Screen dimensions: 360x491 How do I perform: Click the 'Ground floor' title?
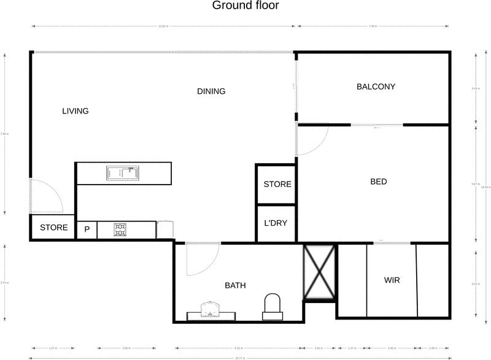pyautogui.click(x=245, y=6)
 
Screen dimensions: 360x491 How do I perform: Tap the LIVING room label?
pyautogui.click(x=75, y=111)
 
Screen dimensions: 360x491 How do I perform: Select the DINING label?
pyautogui.click(x=211, y=91)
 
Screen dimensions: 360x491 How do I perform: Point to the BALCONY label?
pyautogui.click(x=376, y=86)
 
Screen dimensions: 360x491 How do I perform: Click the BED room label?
pyautogui.click(x=379, y=182)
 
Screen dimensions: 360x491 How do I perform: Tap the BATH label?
pyautogui.click(x=235, y=285)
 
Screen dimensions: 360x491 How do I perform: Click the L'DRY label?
pyautogui.click(x=276, y=223)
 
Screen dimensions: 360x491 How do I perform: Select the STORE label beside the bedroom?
pyautogui.click(x=277, y=184)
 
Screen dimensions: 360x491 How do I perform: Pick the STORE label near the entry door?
pyautogui.click(x=54, y=228)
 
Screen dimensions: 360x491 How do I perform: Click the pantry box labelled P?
pyautogui.click(x=87, y=230)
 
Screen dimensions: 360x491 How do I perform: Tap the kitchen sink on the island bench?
pyautogui.click(x=122, y=174)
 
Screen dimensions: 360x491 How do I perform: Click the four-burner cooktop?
pyautogui.click(x=120, y=230)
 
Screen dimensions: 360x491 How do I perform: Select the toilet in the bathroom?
pyautogui.click(x=271, y=306)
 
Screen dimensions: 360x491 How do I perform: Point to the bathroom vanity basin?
pyautogui.click(x=211, y=309)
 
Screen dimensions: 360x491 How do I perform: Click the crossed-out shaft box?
pyautogui.click(x=320, y=272)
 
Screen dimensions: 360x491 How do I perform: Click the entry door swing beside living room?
pyautogui.click(x=46, y=196)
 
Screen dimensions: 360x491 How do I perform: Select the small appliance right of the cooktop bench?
pyautogui.click(x=165, y=229)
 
